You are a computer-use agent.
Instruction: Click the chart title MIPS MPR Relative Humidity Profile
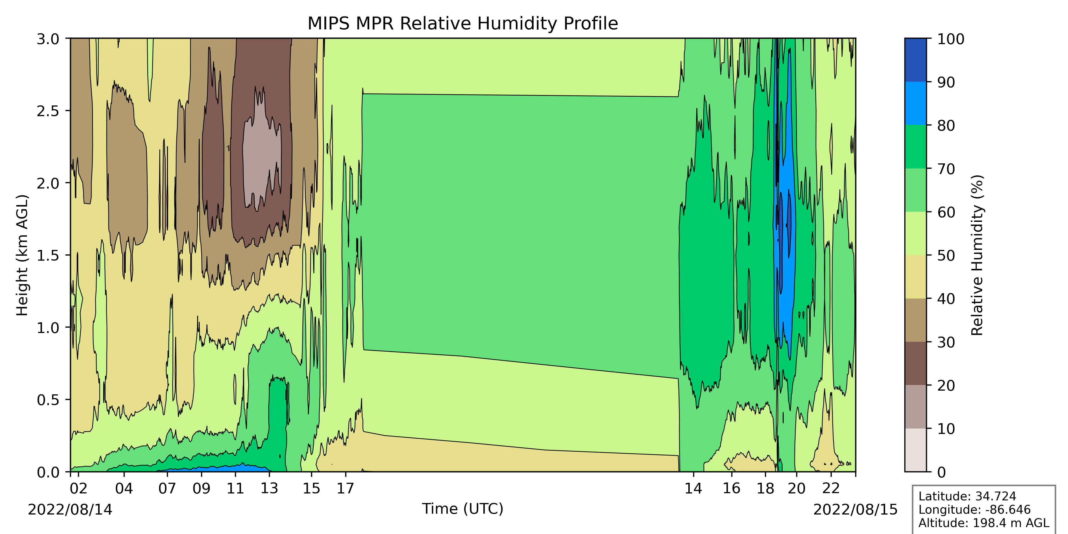[463, 24]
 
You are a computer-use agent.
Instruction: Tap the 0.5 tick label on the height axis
[48, 400]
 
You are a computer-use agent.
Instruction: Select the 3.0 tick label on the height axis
[48, 40]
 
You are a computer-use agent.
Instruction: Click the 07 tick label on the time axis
[167, 488]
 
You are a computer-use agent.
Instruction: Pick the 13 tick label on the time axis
[269, 488]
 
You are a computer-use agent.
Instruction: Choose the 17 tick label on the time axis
[345, 488]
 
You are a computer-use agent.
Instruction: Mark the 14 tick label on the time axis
[693, 488]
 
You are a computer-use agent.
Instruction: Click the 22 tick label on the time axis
[831, 488]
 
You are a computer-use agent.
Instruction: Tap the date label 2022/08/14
[70, 509]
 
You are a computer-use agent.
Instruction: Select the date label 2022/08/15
[855, 509]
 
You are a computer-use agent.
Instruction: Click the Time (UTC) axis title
[463, 509]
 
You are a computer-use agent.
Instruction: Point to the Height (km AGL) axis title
[22, 255]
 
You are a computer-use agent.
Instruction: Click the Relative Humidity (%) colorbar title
[977, 255]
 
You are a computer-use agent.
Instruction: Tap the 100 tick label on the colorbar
[951, 40]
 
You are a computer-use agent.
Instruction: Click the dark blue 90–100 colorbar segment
[916, 60]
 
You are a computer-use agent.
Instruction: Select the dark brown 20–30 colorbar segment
[916, 363]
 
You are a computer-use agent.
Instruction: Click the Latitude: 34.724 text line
[967, 496]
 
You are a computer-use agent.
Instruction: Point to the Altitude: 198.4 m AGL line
[983, 523]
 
